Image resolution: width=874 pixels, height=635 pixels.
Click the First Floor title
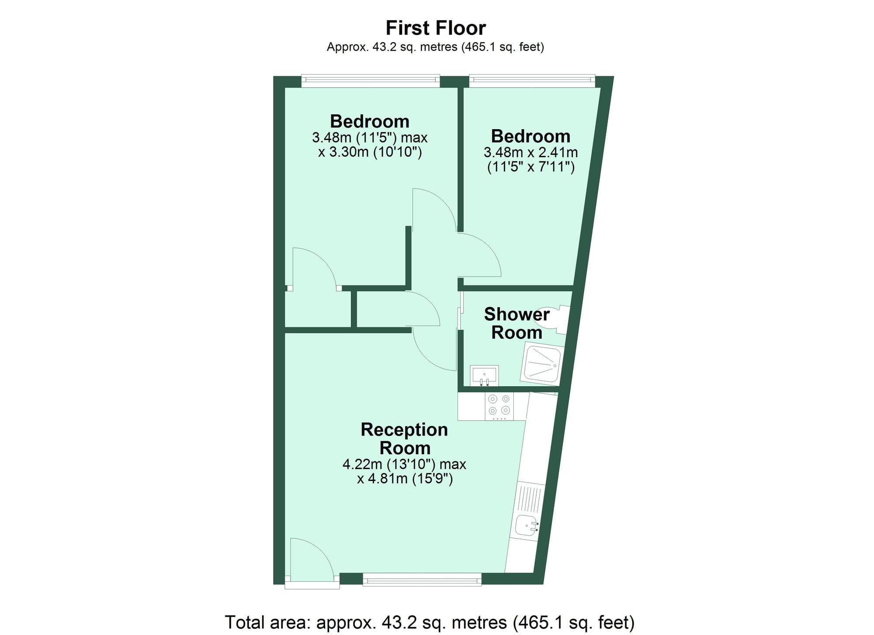tap(436, 28)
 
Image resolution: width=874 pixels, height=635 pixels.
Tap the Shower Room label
tap(517, 323)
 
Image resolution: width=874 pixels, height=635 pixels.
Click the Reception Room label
tap(404, 439)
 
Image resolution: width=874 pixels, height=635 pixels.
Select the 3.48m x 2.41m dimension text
tap(531, 152)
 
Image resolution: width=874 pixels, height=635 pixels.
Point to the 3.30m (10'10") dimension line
tap(370, 152)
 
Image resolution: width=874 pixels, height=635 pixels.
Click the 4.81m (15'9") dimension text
tap(405, 479)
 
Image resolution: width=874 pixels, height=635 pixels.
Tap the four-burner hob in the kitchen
tap(499, 405)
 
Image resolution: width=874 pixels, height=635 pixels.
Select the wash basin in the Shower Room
tap(484, 376)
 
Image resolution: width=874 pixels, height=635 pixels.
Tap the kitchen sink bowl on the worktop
tap(526, 525)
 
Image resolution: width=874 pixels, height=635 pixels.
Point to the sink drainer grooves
tap(531, 499)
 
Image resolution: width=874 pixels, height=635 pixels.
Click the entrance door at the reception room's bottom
tap(311, 561)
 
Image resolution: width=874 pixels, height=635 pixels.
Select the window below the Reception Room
tap(422, 580)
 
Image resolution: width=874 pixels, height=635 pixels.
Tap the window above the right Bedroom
tap(532, 80)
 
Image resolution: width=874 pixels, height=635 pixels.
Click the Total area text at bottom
tap(430, 622)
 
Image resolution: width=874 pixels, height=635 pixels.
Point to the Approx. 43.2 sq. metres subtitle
tap(435, 47)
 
